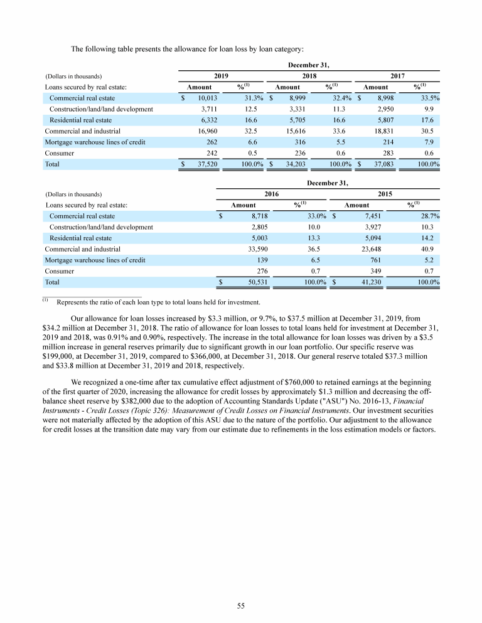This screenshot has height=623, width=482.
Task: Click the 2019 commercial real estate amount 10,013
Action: click(207, 98)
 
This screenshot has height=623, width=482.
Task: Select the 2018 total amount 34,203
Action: click(292, 164)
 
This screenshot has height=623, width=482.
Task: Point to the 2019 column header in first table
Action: click(220, 75)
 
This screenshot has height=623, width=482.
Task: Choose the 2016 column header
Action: click(271, 194)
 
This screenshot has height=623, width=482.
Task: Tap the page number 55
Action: click(241, 605)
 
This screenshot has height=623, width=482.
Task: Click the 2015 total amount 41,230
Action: click(364, 282)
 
